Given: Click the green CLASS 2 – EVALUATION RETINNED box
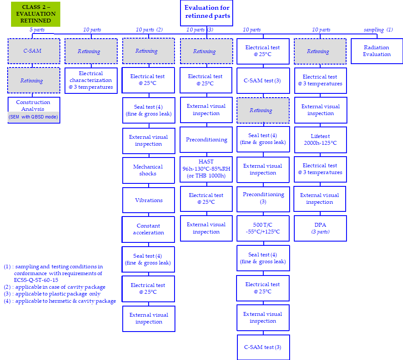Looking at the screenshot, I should [x=36, y=14].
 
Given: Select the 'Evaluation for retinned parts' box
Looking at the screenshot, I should [x=207, y=12].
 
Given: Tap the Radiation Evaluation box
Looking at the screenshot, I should [x=377, y=51].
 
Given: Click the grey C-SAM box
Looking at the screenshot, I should [x=34, y=51].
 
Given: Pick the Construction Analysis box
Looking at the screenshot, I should [x=34, y=105].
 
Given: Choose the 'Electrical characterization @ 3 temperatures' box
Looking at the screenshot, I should [x=91, y=80].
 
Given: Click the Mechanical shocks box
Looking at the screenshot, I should [x=148, y=170].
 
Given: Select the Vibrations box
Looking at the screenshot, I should [x=149, y=200].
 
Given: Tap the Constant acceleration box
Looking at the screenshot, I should [x=148, y=229].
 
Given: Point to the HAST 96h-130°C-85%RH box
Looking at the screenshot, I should [x=206, y=169].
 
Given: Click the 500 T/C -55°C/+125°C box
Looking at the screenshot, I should [x=263, y=229].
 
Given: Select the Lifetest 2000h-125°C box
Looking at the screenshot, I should [x=320, y=140].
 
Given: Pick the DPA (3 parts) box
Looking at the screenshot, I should [x=320, y=228].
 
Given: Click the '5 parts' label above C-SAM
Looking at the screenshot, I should [x=37, y=30].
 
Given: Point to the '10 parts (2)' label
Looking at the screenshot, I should [x=149, y=30].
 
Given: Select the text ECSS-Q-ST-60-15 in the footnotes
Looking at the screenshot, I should [x=36, y=280].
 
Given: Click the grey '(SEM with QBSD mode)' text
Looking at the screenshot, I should [x=33, y=117].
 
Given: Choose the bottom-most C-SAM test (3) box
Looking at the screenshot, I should [x=263, y=347].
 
